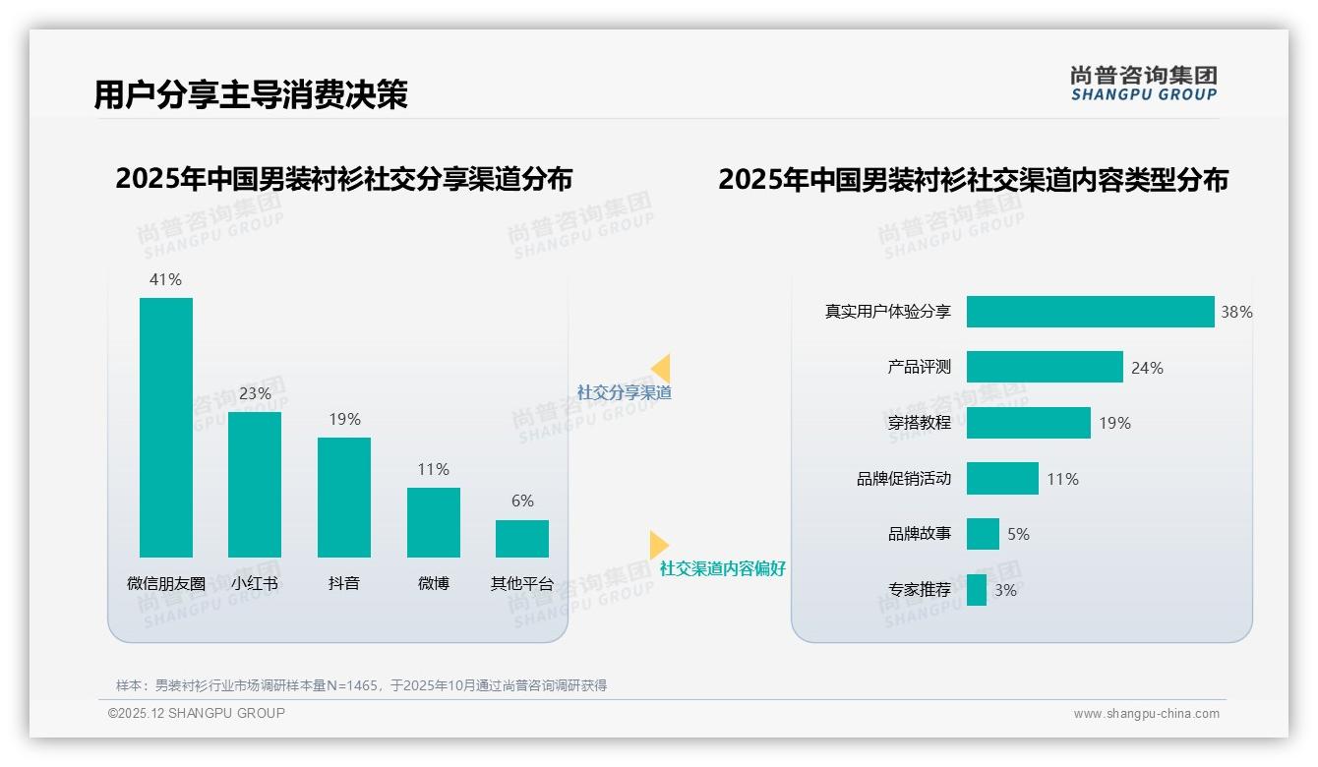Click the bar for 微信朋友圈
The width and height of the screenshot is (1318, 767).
click(166, 427)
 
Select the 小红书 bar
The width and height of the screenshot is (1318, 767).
click(255, 484)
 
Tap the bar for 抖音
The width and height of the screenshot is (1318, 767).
click(344, 497)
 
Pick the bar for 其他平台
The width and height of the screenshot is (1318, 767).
click(522, 538)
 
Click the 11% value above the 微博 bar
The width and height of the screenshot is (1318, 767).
click(433, 469)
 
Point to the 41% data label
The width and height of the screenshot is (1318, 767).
click(165, 279)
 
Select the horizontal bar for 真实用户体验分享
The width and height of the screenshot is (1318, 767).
click(1090, 312)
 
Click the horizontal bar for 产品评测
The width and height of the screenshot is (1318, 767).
click(1044, 367)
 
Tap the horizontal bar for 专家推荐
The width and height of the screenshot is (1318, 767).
click(976, 590)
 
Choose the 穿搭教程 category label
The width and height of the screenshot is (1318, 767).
click(919, 423)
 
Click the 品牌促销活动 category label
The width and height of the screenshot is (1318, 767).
click(903, 479)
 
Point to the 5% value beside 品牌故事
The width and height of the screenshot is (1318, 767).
click(1018, 534)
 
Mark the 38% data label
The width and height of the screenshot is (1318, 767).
click(1236, 312)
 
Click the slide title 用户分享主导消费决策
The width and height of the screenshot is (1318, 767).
click(250, 94)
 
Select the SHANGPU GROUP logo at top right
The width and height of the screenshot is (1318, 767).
click(1144, 84)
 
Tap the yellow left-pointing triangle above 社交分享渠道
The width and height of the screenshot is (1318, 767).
click(660, 369)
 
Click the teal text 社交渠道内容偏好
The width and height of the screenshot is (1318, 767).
click(722, 568)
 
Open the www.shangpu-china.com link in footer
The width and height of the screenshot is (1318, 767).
click(1146, 714)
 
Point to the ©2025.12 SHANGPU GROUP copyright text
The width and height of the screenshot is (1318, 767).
click(197, 713)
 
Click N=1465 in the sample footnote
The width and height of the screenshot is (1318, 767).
click(351, 685)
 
